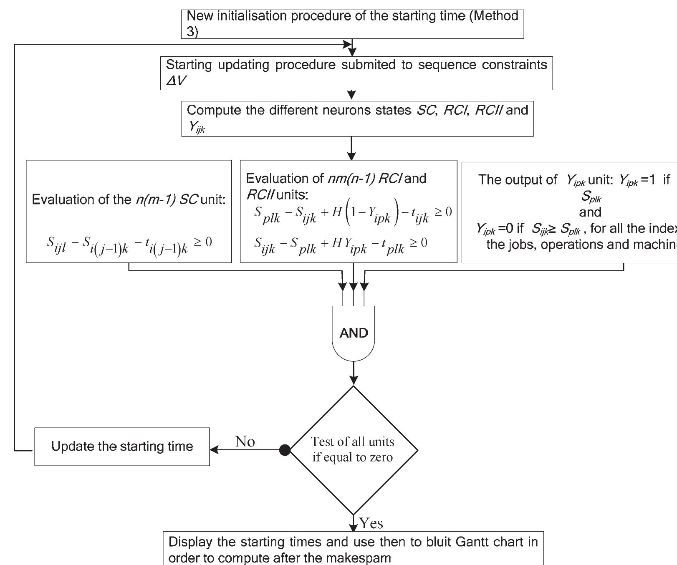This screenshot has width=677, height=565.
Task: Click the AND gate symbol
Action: [354, 333]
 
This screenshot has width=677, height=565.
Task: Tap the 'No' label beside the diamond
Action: [245, 441]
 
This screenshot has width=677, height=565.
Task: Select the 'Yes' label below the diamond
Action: [371, 523]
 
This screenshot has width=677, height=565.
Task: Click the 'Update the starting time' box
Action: [122, 446]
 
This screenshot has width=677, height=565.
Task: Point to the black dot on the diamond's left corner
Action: [285, 450]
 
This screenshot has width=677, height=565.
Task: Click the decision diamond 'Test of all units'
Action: [354, 450]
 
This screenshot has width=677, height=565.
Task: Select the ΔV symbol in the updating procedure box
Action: [176, 81]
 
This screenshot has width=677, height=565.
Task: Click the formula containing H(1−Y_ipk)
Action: [353, 215]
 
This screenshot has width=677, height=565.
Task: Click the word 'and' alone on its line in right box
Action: [590, 212]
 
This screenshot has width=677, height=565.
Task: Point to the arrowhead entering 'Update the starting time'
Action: [214, 450]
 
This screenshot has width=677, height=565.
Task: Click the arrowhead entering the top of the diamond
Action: [354, 381]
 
